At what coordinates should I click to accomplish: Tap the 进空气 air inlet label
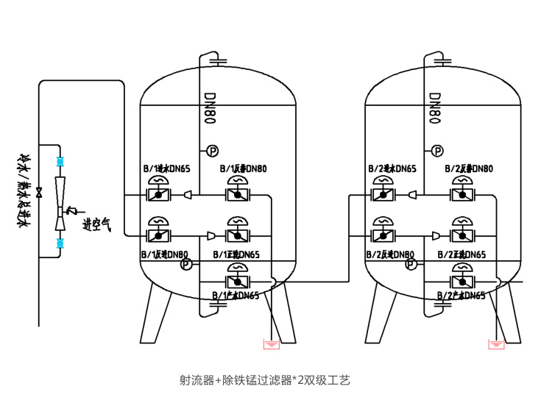[96, 225]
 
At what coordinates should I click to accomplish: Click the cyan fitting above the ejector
[60, 160]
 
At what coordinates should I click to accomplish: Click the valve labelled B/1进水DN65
[158, 195]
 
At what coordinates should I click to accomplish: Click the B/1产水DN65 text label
[235, 296]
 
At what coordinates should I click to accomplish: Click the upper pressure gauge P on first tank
[212, 151]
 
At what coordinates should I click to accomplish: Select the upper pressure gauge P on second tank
[438, 151]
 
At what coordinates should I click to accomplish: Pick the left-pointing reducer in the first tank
[189, 195]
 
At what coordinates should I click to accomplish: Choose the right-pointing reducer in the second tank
[437, 235]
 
